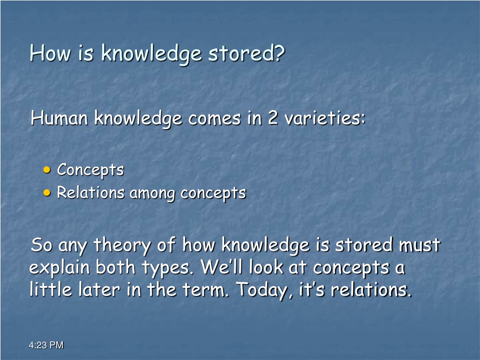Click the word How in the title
50,53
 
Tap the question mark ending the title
279,53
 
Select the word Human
60,118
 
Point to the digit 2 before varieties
273,118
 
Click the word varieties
325,118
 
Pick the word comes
215,119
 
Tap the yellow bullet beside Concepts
47,170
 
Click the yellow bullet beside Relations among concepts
47,193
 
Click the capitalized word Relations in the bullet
90,193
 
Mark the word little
51,289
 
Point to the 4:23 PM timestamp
46,345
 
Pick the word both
115,267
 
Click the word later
99,290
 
